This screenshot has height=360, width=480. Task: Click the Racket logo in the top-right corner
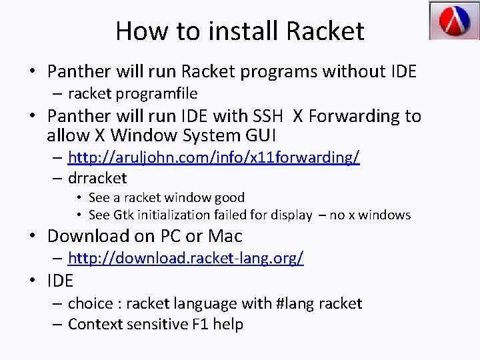click(x=453, y=21)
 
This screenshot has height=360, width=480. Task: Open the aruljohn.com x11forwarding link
click(x=214, y=157)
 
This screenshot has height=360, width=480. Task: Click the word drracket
click(x=97, y=178)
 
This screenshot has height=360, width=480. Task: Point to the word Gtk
click(x=123, y=215)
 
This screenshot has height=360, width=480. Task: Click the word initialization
click(x=173, y=215)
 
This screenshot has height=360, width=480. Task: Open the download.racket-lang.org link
click(x=186, y=258)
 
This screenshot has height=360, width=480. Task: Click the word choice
click(x=90, y=304)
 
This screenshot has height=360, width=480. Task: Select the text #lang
click(x=295, y=304)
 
